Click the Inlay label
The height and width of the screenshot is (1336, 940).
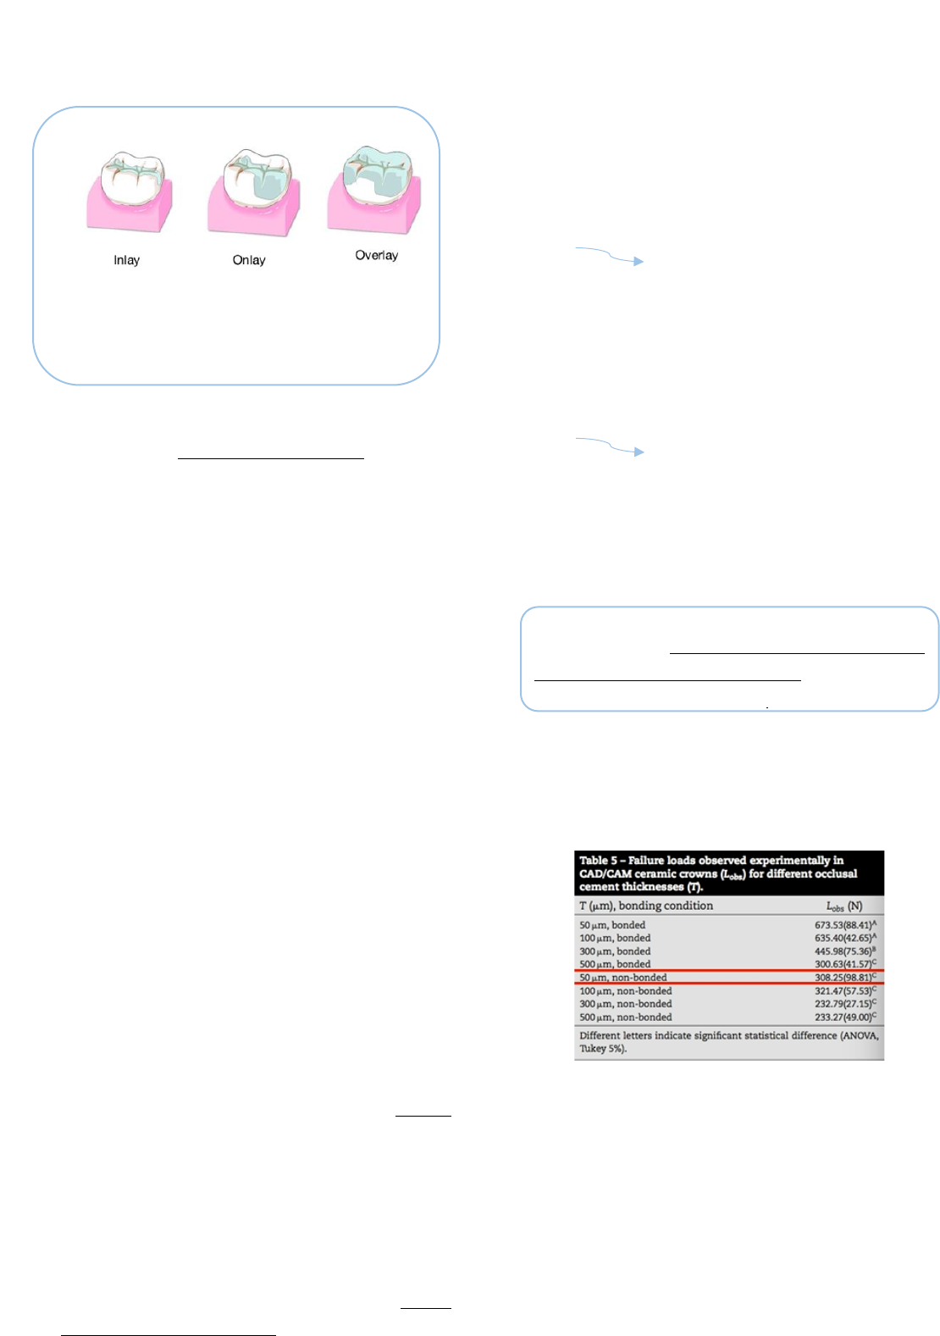click(x=126, y=260)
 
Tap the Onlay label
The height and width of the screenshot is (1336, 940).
click(x=249, y=260)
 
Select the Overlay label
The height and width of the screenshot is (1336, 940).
click(x=376, y=255)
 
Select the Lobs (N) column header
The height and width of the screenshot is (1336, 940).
click(x=843, y=906)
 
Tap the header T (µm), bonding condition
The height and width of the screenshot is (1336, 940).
click(x=645, y=906)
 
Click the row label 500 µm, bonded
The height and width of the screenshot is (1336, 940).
click(x=615, y=964)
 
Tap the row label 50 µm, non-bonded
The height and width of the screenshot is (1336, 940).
click(x=623, y=978)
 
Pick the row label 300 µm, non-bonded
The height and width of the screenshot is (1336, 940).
click(x=625, y=1004)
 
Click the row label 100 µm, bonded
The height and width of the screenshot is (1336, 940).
click(x=615, y=938)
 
